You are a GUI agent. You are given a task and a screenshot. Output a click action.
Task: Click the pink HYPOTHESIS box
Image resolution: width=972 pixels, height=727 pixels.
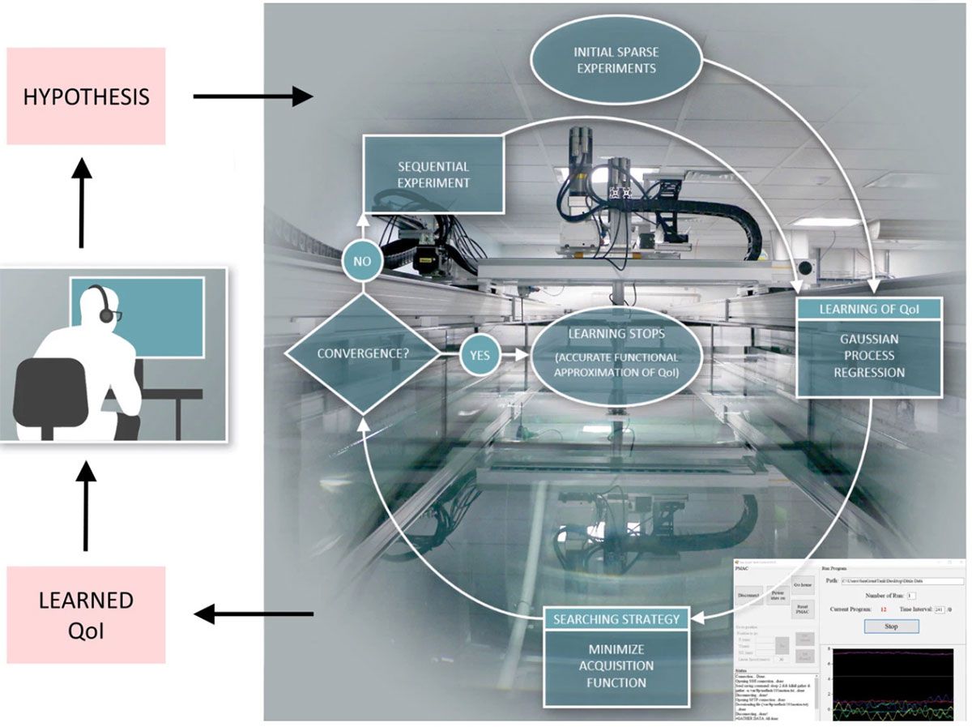coord(86,96)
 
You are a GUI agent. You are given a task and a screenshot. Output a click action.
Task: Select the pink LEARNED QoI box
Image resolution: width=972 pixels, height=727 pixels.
coord(86,614)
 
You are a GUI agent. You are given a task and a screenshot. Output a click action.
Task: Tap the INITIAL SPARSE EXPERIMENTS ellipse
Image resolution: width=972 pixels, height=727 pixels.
coord(617,60)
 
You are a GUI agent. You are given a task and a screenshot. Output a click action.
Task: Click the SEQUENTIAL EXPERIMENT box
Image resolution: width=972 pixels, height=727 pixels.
coord(433,173)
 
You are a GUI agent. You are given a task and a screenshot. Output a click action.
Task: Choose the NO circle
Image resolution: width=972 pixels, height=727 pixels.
coord(360,261)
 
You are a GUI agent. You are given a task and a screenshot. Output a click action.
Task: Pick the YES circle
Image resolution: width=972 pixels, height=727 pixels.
coord(480,354)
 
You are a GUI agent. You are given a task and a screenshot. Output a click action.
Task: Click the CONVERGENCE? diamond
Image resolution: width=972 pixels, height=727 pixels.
coord(360,354)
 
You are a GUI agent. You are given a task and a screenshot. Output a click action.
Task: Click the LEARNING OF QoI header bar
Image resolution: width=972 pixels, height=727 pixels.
coord(868,308)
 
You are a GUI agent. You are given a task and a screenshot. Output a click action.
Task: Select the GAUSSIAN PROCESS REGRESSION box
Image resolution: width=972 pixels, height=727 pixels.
coord(868,356)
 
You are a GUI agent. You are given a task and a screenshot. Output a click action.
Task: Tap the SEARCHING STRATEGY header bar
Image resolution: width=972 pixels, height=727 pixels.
coord(615,618)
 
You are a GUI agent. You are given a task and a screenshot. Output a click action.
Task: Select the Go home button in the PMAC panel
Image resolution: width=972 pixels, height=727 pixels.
coord(803,584)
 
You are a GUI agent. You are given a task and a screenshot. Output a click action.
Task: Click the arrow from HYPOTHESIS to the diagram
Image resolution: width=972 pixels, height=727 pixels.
coord(252,96)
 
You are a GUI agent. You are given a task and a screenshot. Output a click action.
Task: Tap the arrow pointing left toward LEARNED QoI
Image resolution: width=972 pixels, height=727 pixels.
coord(253,614)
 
